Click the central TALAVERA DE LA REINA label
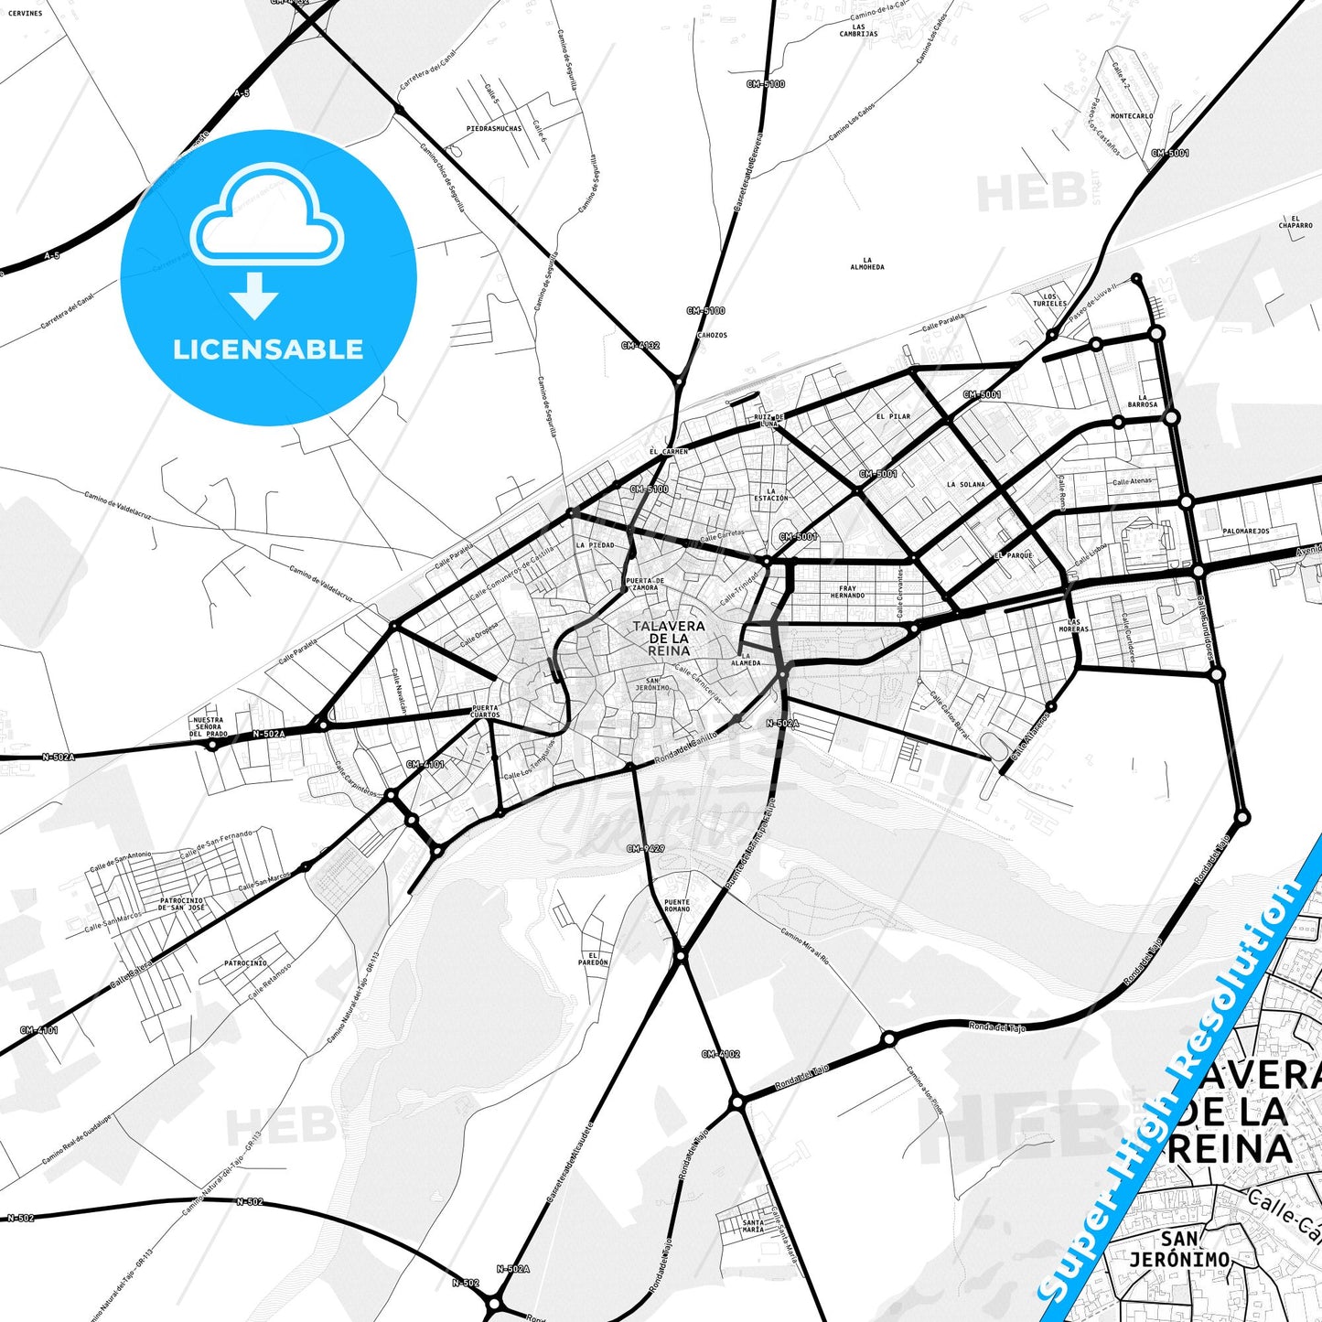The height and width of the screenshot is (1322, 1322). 669,638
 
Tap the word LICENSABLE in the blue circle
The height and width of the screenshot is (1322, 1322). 268,349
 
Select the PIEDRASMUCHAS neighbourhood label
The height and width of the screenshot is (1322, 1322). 494,129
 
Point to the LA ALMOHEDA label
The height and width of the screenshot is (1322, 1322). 867,263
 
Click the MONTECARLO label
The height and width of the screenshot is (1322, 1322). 1132,116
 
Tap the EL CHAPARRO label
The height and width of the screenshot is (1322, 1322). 1295,222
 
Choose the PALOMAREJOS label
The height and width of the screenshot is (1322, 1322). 1246,531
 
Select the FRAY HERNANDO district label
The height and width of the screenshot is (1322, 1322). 847,592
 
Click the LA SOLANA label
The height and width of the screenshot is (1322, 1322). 966,485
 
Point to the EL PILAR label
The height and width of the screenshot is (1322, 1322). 893,416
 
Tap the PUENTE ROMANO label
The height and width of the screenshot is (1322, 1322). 677,906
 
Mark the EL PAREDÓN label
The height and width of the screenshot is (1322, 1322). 593,959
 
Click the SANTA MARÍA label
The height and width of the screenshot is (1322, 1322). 753,1226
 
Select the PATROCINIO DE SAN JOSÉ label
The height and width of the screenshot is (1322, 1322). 182,904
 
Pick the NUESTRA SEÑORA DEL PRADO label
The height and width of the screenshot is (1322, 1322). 209,726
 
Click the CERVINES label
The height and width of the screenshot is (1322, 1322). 25,13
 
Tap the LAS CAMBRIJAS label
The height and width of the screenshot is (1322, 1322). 858,30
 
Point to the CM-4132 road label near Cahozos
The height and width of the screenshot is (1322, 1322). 640,346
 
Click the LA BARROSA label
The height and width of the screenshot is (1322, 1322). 1143,401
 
